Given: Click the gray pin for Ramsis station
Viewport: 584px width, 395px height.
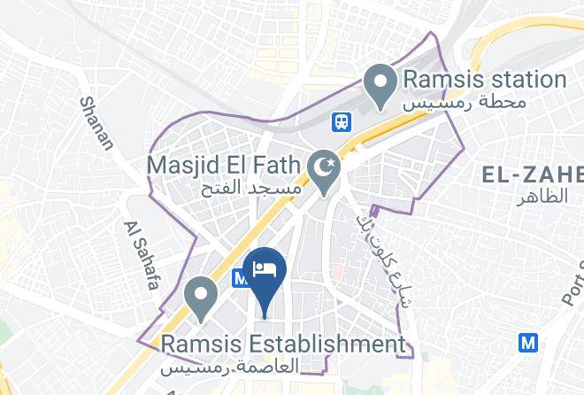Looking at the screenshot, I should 381,85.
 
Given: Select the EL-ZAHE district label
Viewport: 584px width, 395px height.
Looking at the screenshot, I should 531,174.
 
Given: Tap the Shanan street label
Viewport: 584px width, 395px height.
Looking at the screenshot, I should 96,124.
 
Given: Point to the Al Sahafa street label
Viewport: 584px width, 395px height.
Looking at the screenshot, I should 140,256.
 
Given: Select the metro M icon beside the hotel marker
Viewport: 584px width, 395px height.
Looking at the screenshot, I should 240,277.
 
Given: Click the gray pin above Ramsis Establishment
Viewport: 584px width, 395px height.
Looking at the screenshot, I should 201,298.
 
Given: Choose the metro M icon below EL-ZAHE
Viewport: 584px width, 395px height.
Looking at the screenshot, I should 529,341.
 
